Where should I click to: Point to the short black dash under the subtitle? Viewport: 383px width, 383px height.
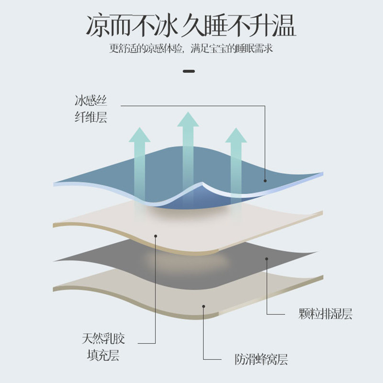[190, 72]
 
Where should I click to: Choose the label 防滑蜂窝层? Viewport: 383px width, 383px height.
[261, 359]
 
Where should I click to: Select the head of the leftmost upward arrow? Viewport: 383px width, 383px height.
[140, 135]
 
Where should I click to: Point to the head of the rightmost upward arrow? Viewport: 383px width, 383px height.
[236, 135]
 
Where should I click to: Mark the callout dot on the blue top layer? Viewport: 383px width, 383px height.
[265, 181]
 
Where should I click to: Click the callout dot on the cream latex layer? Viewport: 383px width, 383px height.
[156, 236]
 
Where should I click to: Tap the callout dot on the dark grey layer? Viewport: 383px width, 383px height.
[267, 259]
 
